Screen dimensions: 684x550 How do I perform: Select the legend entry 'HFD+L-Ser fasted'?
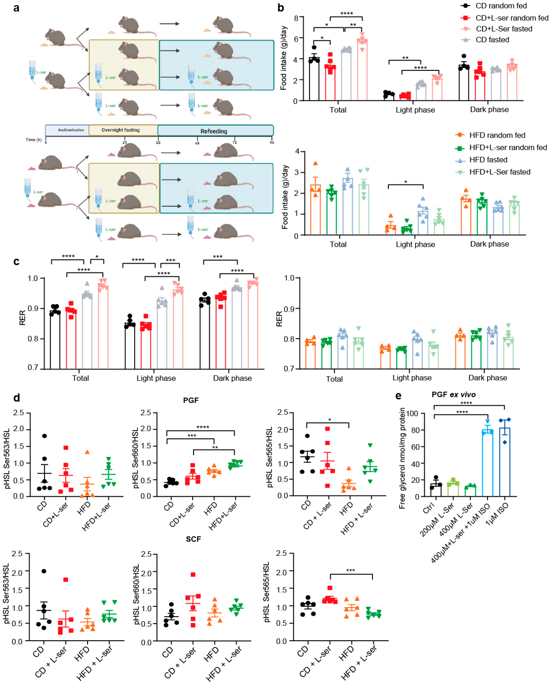tap(500, 172)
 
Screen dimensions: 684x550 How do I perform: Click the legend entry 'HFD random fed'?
tap(497, 135)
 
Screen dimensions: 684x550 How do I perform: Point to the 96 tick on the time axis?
tap(272, 142)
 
